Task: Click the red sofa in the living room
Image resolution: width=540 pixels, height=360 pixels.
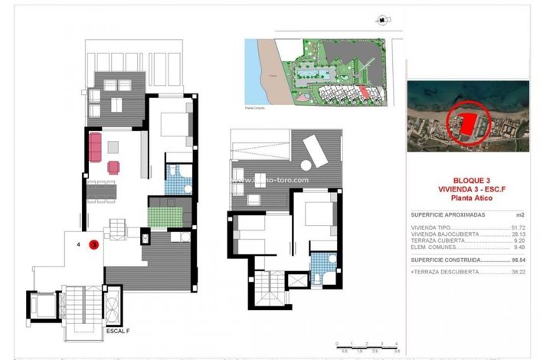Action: point(96,146)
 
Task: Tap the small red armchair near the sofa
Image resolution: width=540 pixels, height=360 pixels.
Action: point(113,167)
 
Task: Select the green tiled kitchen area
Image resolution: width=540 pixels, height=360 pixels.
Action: point(169,212)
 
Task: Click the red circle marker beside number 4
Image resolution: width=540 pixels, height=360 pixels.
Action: point(93,245)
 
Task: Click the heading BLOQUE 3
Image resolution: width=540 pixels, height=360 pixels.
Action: point(467,181)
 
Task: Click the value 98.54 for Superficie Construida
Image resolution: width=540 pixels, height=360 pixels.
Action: point(518,260)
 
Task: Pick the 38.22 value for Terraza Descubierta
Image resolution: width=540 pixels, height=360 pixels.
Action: point(518,272)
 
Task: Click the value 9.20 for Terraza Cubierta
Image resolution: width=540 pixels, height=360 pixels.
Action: point(519,241)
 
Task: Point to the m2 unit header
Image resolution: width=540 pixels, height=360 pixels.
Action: point(521,215)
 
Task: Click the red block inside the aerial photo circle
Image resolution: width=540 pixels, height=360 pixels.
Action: point(468,122)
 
